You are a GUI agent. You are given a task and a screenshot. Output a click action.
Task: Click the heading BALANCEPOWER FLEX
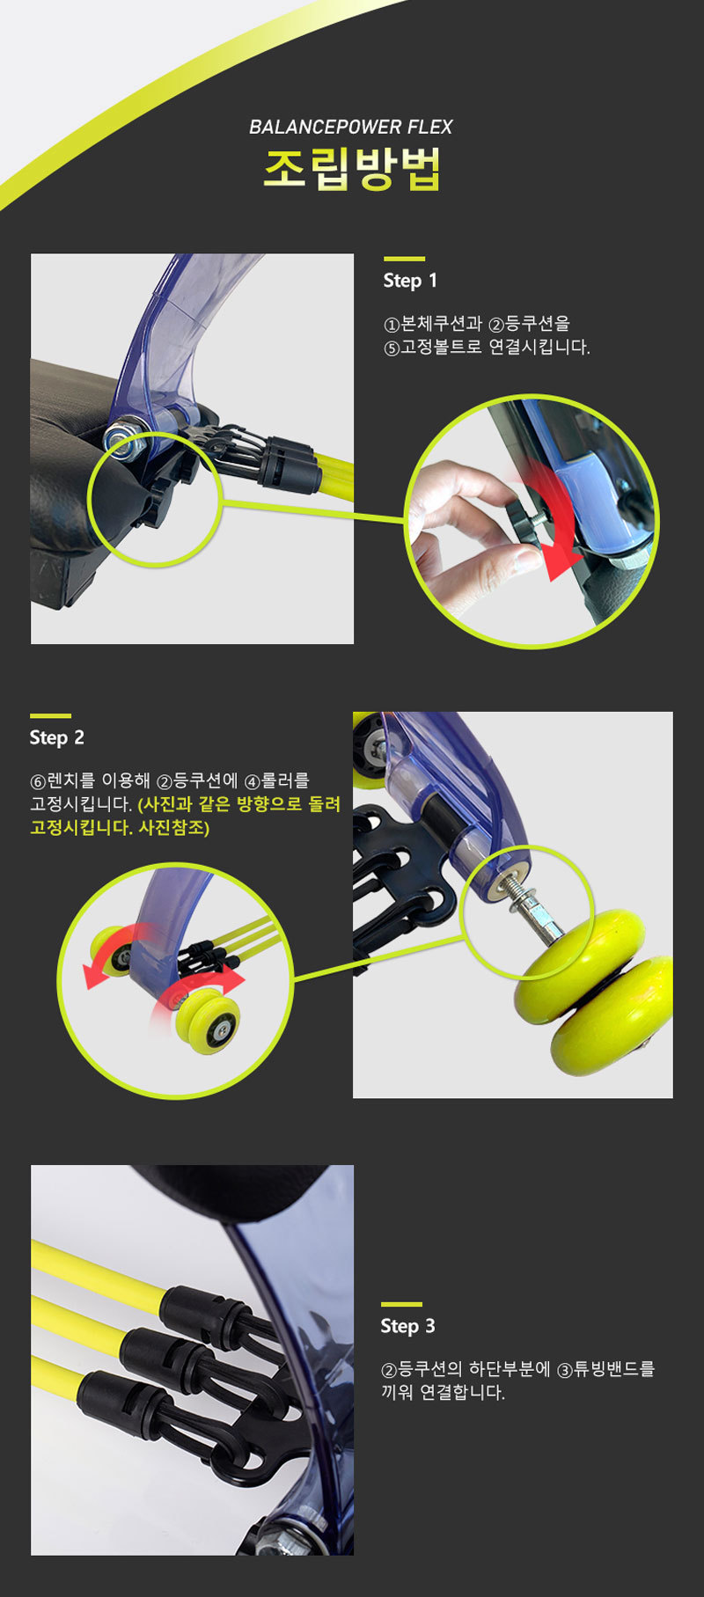350,127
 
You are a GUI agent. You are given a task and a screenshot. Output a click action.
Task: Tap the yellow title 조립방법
352,169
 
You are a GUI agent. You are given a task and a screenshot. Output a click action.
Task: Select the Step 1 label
410,281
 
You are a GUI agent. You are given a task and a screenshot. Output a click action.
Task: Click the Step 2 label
57,737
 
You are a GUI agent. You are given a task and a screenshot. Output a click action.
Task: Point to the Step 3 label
407,1326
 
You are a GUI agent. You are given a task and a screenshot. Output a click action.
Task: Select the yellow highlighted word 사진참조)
174,828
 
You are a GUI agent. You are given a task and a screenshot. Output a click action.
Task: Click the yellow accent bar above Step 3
401,1304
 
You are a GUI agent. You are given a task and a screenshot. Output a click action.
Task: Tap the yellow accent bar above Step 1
404,259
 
